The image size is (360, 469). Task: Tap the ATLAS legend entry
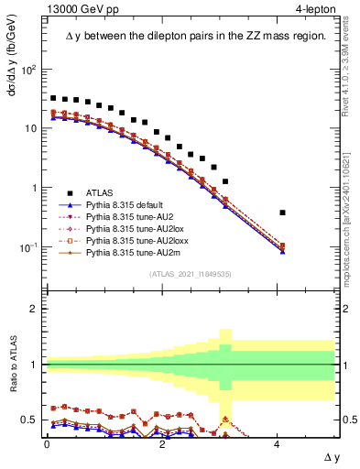pyautogui.click(x=102, y=192)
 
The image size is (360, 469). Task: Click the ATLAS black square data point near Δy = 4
pyautogui.click(x=282, y=213)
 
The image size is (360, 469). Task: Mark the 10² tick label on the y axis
pyautogui.click(x=29, y=70)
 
